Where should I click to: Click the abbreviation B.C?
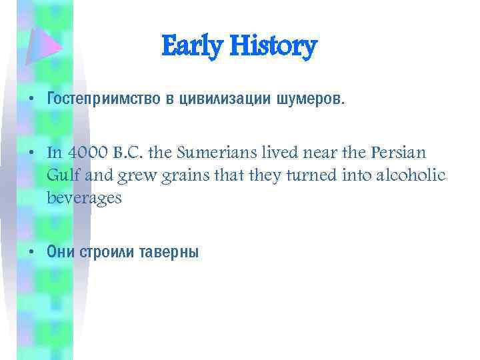131,152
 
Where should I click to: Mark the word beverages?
85,198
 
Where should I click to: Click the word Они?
62,251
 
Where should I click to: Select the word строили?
109,251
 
